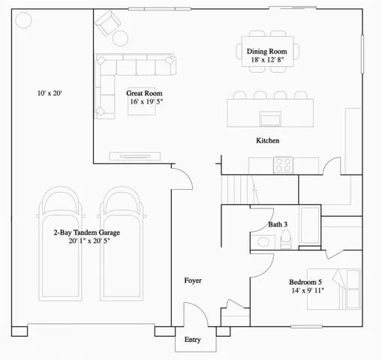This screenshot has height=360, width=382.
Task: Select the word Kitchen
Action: click(268, 141)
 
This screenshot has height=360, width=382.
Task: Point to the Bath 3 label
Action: click(278, 224)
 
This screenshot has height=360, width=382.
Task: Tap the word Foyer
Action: click(193, 280)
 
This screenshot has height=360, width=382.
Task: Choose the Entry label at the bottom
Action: click(193, 340)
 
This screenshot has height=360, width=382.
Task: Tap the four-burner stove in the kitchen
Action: click(283, 163)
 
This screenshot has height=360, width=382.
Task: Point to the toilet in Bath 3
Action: click(286, 238)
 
